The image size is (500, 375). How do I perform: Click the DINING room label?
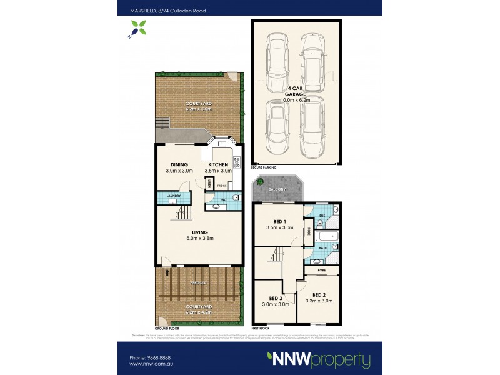tap(179, 164)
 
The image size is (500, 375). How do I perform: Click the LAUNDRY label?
tap(174, 196)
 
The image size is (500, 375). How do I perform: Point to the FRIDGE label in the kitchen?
tap(221, 186)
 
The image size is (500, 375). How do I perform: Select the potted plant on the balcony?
tap(258, 182)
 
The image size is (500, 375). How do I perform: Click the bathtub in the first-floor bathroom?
tap(326, 236)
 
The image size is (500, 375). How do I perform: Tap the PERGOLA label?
tap(199, 282)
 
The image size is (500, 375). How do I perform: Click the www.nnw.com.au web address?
tap(151, 364)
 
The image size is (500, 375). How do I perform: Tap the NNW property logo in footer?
tap(318, 360)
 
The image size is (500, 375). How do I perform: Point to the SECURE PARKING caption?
tap(263, 167)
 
